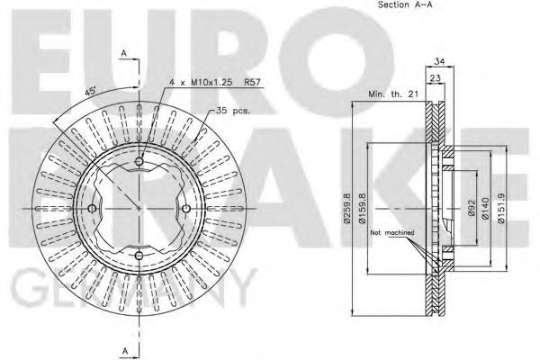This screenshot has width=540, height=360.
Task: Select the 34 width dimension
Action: click(x=439, y=62)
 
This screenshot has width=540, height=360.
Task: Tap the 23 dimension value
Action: click(x=434, y=78)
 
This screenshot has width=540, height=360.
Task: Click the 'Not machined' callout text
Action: click(x=392, y=232)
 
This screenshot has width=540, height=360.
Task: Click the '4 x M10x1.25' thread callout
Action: click(x=197, y=83)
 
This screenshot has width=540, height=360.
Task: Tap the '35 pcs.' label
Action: click(x=233, y=111)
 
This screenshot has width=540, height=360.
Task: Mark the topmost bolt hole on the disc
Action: click(x=139, y=162)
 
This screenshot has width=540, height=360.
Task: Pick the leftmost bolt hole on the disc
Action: click(x=92, y=209)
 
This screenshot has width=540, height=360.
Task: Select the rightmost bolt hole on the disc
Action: click(x=185, y=209)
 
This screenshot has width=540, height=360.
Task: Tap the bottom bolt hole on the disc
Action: click(x=139, y=256)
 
